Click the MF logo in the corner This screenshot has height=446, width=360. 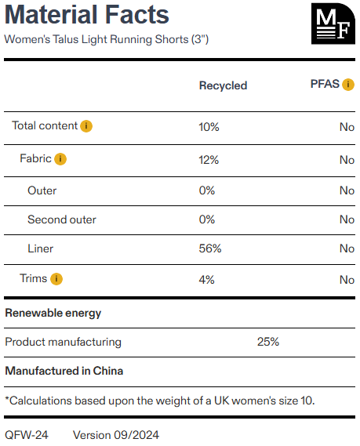[x=333, y=24]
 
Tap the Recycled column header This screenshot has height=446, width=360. [x=223, y=85]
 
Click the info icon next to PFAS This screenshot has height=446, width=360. [x=348, y=85]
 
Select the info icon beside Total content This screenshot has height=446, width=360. [x=86, y=126]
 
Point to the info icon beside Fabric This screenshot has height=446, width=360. [x=60, y=159]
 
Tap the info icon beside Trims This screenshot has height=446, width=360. [x=56, y=279]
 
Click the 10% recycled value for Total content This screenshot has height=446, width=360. [x=209, y=127]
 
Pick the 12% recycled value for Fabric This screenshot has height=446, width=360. [x=209, y=160]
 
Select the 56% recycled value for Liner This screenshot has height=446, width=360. [x=210, y=248]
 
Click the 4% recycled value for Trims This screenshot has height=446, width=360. [x=206, y=280]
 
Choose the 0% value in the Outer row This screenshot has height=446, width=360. [x=207, y=190]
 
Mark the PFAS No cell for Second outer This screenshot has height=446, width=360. [x=347, y=219]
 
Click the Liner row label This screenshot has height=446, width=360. [x=41, y=248]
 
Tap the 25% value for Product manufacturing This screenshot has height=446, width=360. [x=268, y=342]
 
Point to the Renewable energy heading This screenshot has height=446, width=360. [x=53, y=314]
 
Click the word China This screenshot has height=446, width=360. [x=108, y=371]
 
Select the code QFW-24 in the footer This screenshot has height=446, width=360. [x=27, y=435]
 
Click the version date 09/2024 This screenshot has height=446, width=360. [x=136, y=435]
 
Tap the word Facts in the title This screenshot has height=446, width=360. [x=137, y=15]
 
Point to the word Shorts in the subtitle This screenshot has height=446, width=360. [x=172, y=39]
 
